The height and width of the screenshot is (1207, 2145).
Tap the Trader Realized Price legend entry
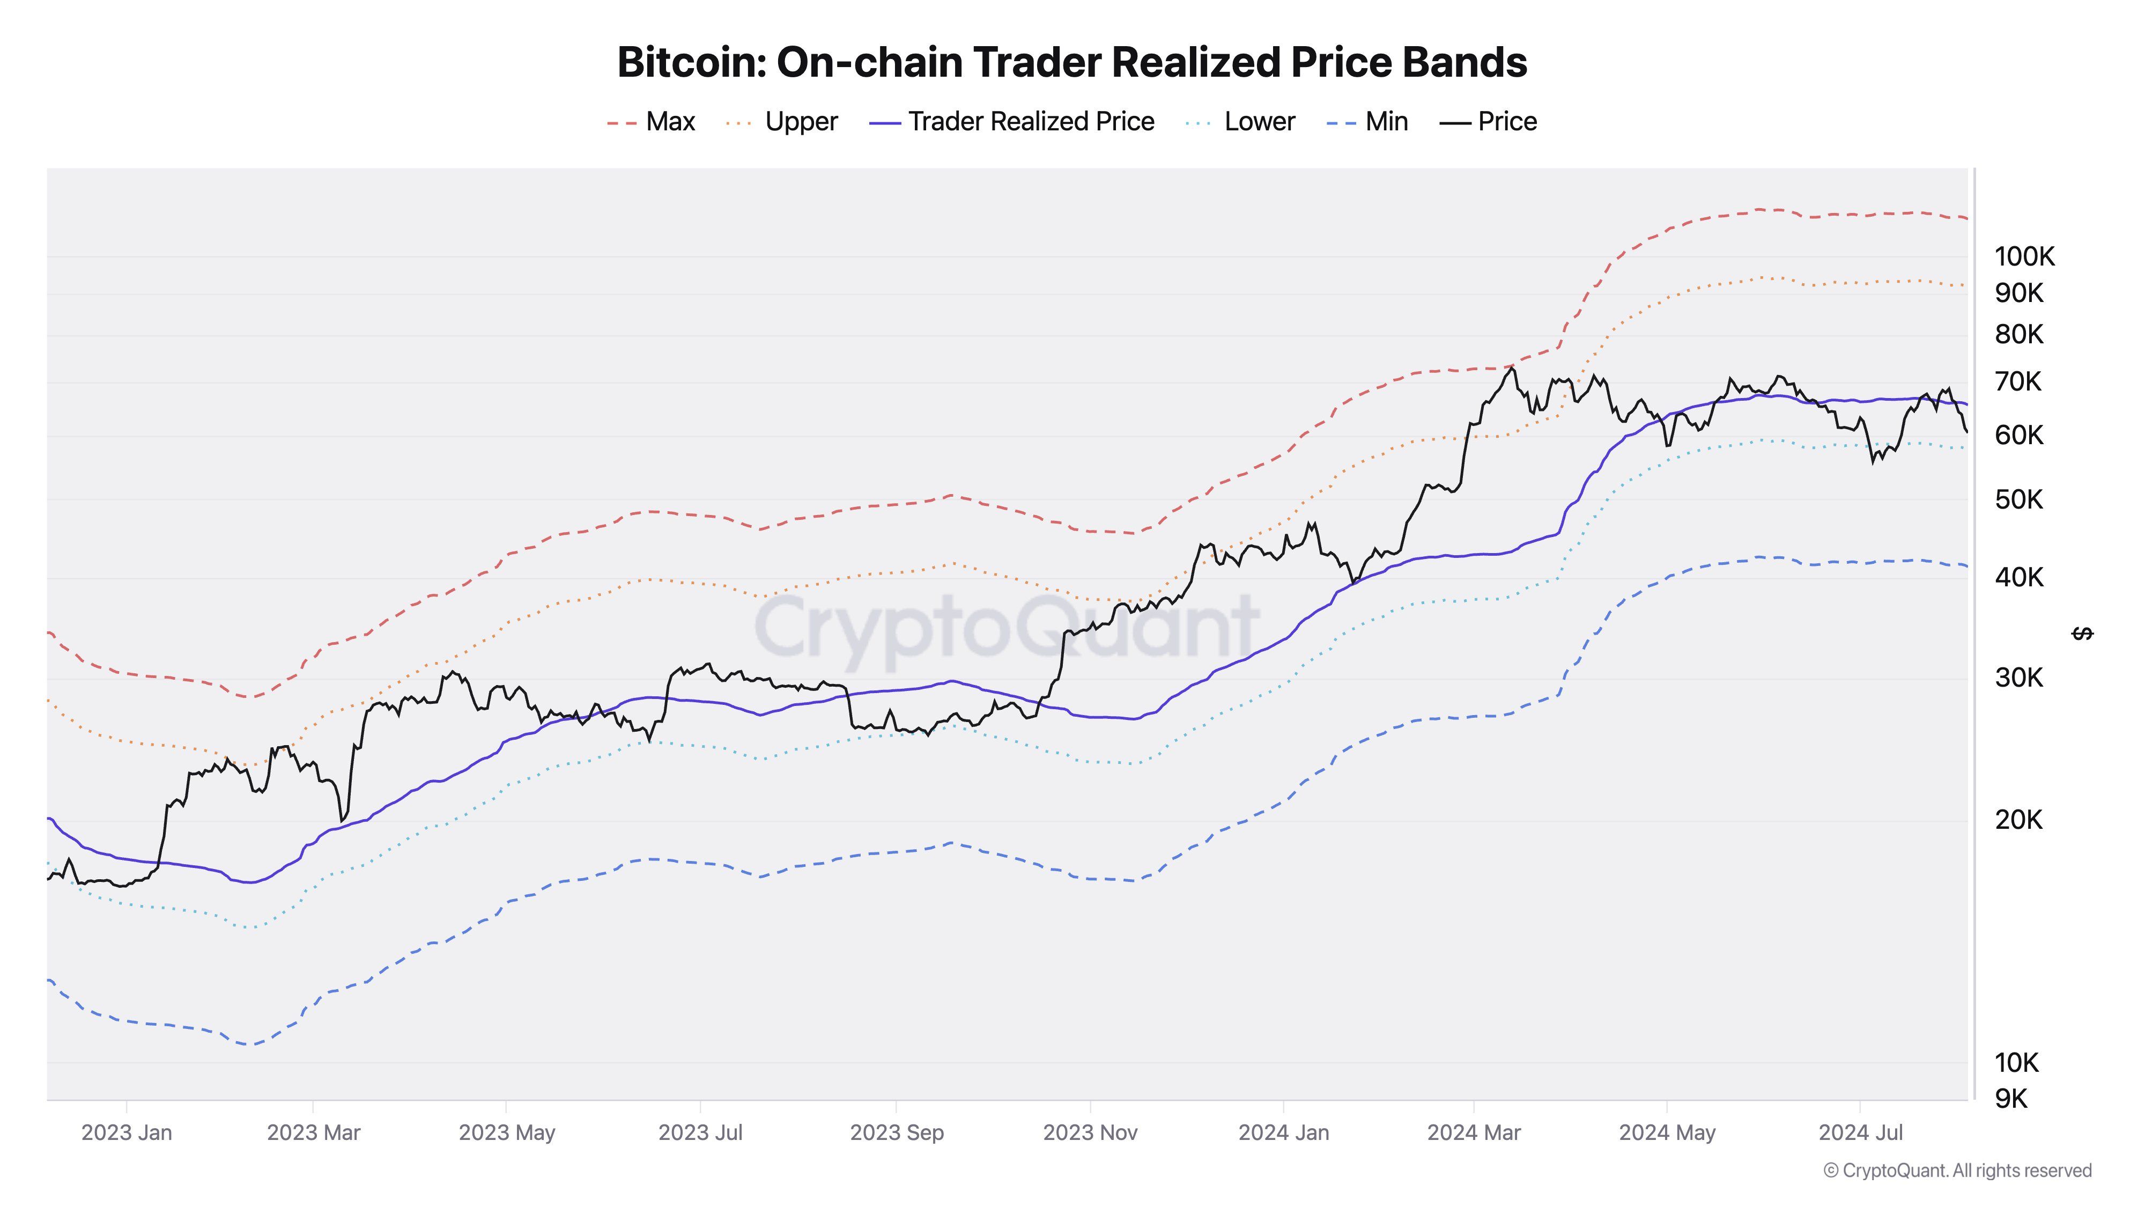(x=1012, y=122)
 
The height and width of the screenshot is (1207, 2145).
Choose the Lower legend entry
(x=1241, y=122)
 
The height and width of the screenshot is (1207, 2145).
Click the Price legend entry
(x=1489, y=122)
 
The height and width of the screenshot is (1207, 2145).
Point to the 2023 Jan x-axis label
(x=127, y=1133)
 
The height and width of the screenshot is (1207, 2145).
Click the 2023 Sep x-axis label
(x=897, y=1133)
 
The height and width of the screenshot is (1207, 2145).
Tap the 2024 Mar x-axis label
(x=1474, y=1133)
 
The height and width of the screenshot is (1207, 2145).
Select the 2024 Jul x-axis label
(x=1860, y=1133)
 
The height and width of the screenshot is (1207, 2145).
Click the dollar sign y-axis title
(x=2082, y=635)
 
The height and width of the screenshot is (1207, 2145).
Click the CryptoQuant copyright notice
(x=1957, y=1171)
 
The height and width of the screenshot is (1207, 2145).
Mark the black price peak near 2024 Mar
(x=1512, y=367)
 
